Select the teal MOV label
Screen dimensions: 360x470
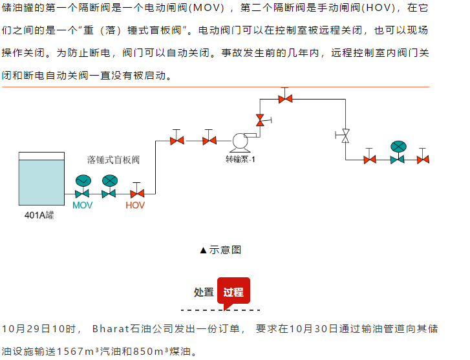click(83, 206)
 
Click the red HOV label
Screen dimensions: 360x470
click(135, 206)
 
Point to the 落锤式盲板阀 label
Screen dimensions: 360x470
click(114, 159)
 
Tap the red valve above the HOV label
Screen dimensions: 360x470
click(136, 193)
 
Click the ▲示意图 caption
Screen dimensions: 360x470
click(220, 249)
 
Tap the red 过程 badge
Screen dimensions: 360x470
click(233, 292)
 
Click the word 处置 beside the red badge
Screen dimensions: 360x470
click(204, 292)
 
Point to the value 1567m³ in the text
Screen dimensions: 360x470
click(82, 352)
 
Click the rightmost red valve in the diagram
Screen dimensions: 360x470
click(423, 159)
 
